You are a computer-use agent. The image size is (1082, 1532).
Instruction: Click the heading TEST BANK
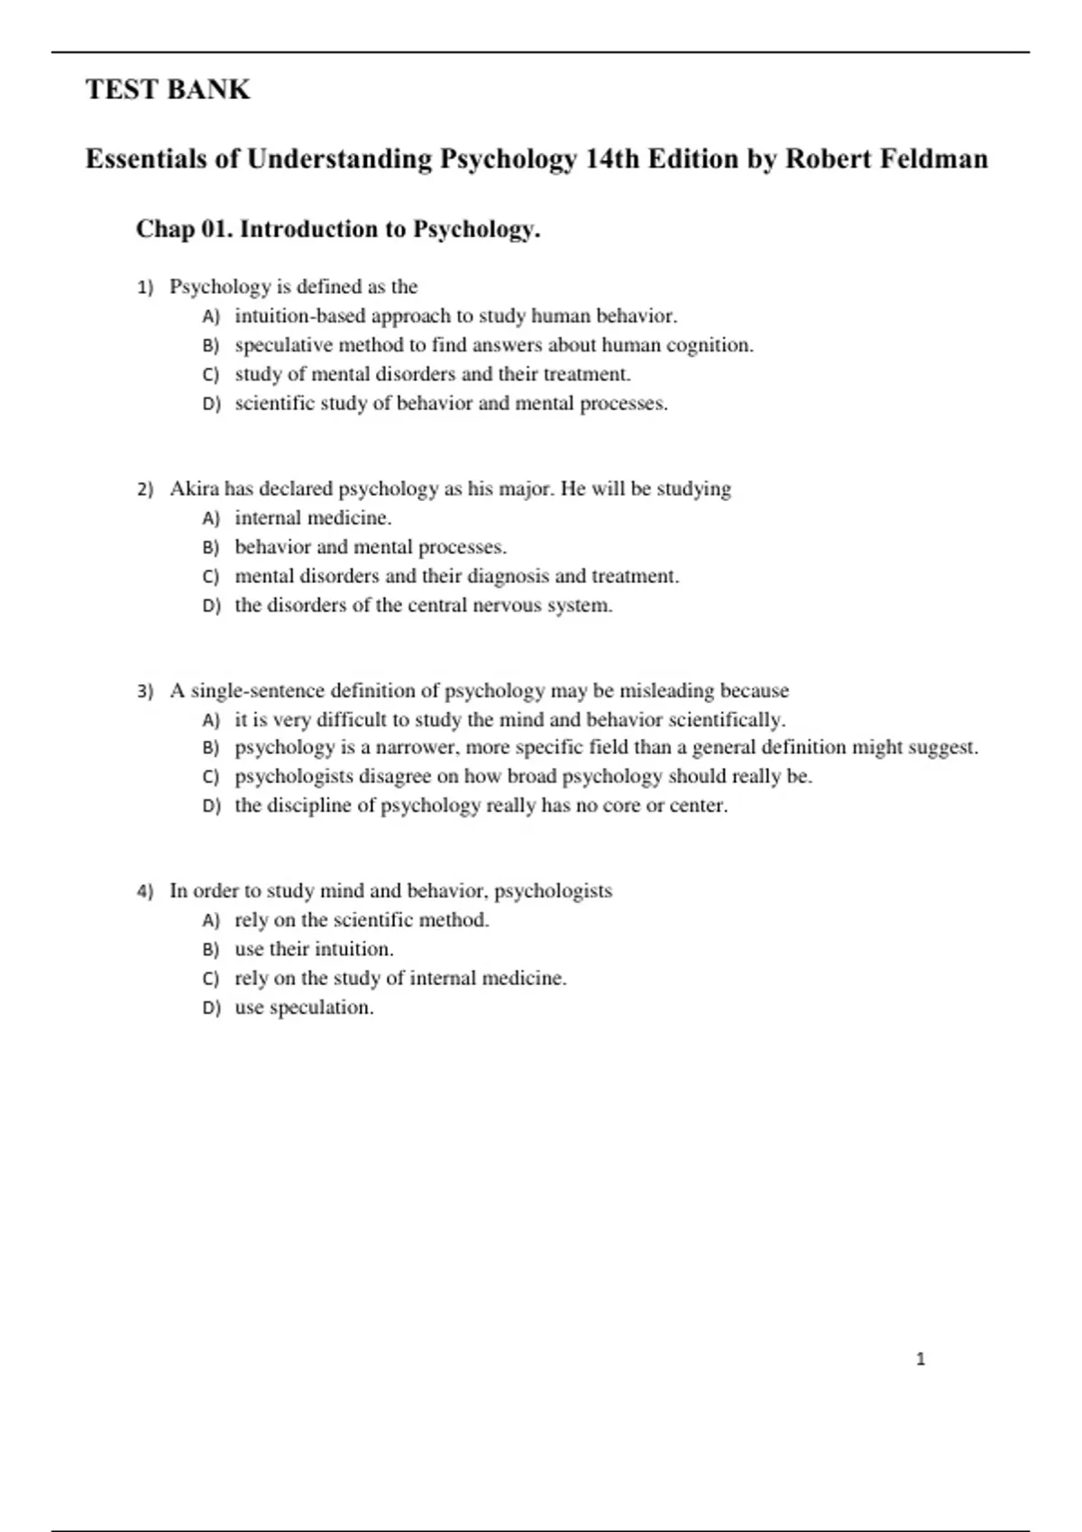click(168, 89)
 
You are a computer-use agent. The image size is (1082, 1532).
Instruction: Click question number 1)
click(145, 287)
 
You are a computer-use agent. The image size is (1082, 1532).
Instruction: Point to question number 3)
click(145, 691)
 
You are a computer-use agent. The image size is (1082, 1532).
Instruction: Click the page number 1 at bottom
click(921, 1359)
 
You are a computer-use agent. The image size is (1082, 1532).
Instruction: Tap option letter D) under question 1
click(211, 404)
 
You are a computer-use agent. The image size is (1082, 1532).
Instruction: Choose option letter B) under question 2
click(211, 547)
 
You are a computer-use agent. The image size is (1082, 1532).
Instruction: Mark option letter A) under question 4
click(211, 920)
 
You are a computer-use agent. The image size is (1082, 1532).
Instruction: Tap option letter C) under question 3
click(211, 777)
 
